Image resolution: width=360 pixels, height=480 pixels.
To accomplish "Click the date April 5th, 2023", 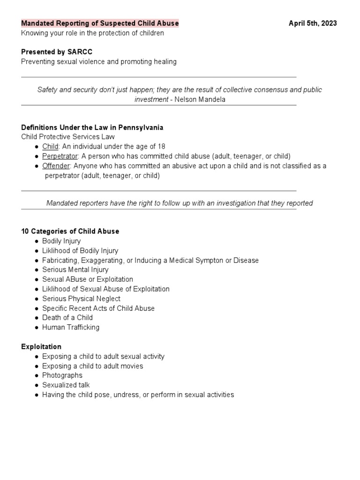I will coord(312,23).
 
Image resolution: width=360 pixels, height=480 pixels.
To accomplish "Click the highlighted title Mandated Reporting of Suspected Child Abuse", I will coord(100,23).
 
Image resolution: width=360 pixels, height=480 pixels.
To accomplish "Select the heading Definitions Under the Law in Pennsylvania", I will coord(92,127).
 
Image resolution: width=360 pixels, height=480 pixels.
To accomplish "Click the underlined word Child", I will coord(50,147).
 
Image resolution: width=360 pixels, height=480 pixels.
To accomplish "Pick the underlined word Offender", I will coord(56,166).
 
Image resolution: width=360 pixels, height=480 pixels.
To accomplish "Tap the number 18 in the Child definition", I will coord(161,147).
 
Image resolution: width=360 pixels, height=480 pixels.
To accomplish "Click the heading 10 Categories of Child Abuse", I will coord(70,231).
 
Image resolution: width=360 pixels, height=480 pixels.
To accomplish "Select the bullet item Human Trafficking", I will coord(71,327).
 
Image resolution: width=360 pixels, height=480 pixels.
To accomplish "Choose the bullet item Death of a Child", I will coord(67,317).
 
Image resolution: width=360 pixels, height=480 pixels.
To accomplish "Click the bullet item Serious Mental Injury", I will coord(75,270).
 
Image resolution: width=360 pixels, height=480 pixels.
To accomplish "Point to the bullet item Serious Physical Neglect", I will coord(81,299).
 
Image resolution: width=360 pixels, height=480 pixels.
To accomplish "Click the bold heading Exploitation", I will coord(41,346).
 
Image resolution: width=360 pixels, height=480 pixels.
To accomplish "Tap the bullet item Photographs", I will coord(62,375).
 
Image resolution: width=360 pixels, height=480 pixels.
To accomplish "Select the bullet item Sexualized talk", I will coord(66,385).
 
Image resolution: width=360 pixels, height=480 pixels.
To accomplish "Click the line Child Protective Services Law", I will coord(67,137).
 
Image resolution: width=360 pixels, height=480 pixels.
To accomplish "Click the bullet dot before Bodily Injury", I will coord(37,241).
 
